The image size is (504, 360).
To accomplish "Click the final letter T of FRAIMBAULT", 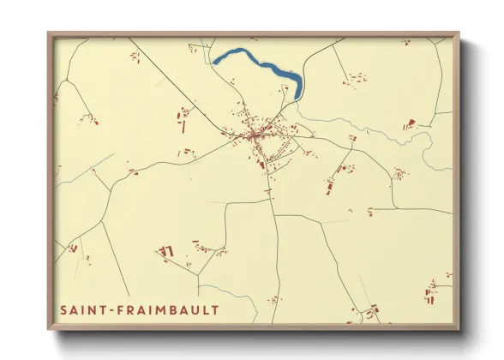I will click(x=216, y=309).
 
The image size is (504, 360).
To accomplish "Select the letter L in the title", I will click(x=208, y=309).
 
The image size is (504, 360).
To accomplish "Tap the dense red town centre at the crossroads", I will click(x=254, y=135).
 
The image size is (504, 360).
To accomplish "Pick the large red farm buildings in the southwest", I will click(x=167, y=251).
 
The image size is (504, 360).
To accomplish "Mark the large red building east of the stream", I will click(x=409, y=125).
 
